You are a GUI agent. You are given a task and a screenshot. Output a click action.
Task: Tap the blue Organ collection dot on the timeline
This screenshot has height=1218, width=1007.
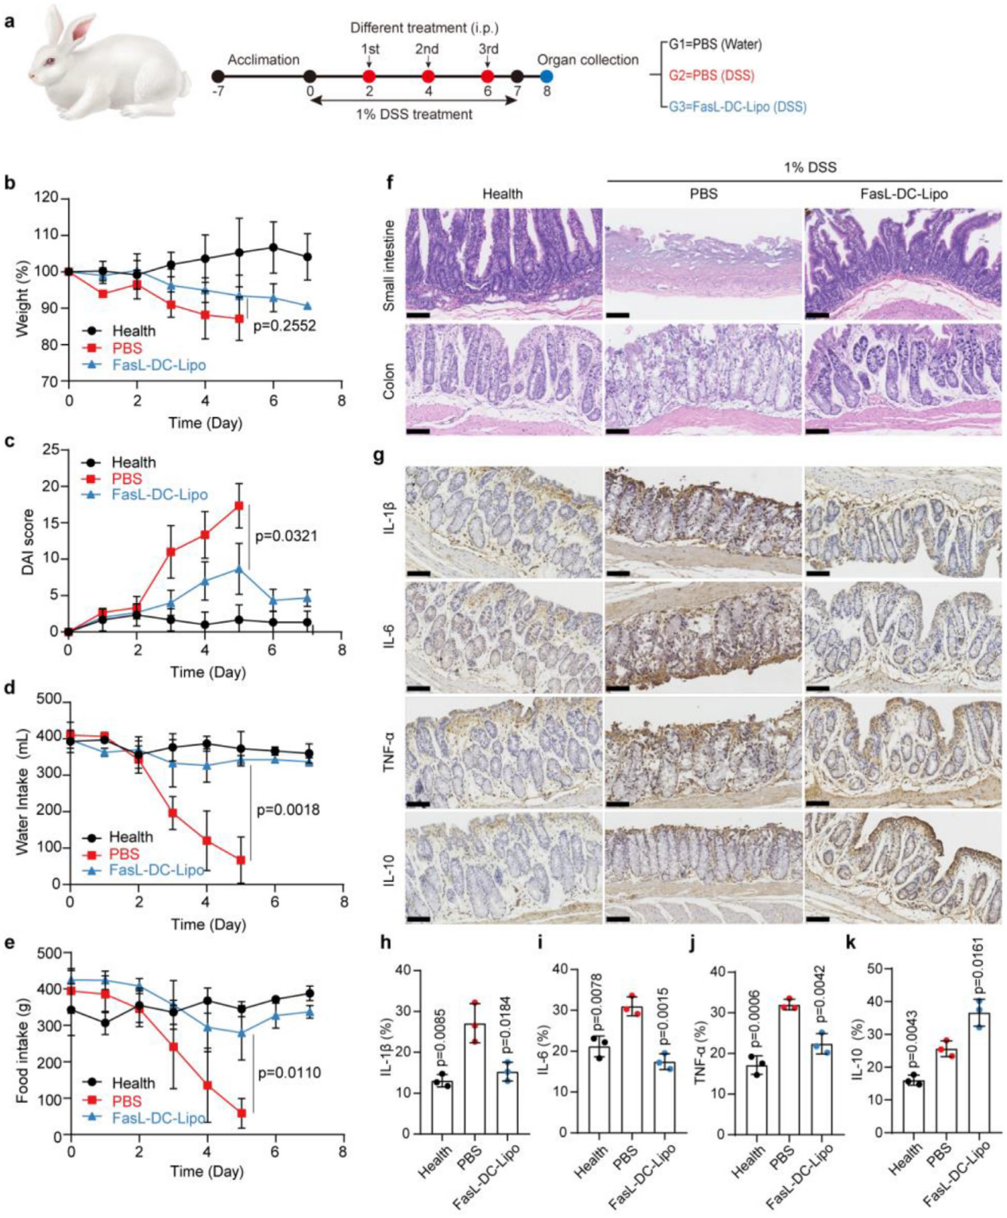(546, 76)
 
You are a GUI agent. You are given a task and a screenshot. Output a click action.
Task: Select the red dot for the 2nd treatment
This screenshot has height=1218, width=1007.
(428, 76)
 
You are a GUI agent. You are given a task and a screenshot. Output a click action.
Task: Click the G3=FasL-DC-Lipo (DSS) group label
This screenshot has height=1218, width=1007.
(737, 106)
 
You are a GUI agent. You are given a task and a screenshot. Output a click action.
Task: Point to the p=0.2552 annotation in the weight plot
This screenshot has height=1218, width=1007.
(284, 326)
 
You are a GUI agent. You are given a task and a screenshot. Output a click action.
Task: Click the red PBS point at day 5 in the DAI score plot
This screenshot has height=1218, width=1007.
(237, 505)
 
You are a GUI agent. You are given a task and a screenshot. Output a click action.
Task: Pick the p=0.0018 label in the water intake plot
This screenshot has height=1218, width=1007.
(287, 810)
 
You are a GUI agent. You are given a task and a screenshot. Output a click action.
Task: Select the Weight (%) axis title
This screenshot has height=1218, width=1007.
(21, 290)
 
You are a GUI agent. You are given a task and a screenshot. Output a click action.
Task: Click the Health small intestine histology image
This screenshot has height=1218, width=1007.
(503, 262)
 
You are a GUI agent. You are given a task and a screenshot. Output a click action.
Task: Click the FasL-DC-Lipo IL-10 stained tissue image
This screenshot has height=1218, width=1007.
(902, 869)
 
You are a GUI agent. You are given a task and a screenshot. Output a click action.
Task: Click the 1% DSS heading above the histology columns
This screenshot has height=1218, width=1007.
(809, 168)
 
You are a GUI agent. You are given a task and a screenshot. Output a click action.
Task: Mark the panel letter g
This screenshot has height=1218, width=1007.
(380, 457)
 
